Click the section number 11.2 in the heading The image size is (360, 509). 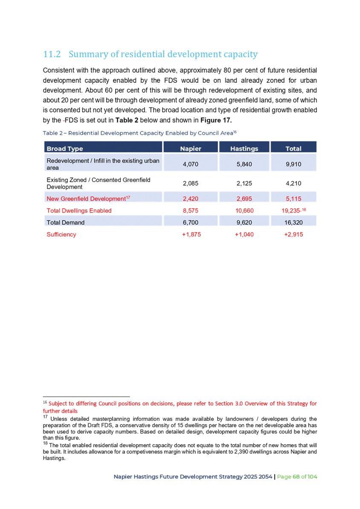click(52, 55)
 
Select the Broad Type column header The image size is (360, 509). click(65, 148)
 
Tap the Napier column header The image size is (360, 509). click(190, 148)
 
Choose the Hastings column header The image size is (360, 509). click(244, 148)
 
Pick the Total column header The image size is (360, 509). click(293, 148)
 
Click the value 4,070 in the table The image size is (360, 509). click(190, 164)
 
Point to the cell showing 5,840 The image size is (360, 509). click(244, 164)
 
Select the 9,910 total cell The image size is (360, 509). click(293, 164)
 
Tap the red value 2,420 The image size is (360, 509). click(190, 199)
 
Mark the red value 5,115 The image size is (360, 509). click(293, 199)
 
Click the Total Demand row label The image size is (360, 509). click(66, 222)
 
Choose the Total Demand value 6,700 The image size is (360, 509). click(190, 222)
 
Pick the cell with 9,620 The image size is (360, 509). click(244, 222)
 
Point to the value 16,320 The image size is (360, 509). click(293, 222)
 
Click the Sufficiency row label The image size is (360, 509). click(61, 235)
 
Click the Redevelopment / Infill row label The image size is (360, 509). click(103, 164)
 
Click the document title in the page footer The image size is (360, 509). click(193, 477)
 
